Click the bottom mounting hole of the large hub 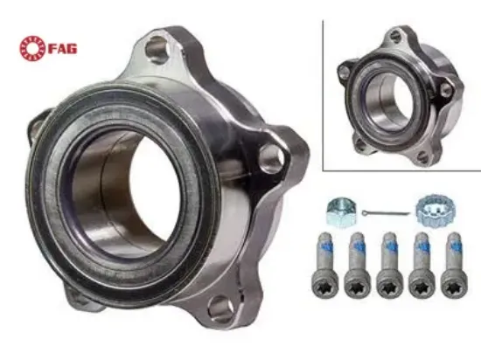(219, 308)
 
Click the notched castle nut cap (428, 209)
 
